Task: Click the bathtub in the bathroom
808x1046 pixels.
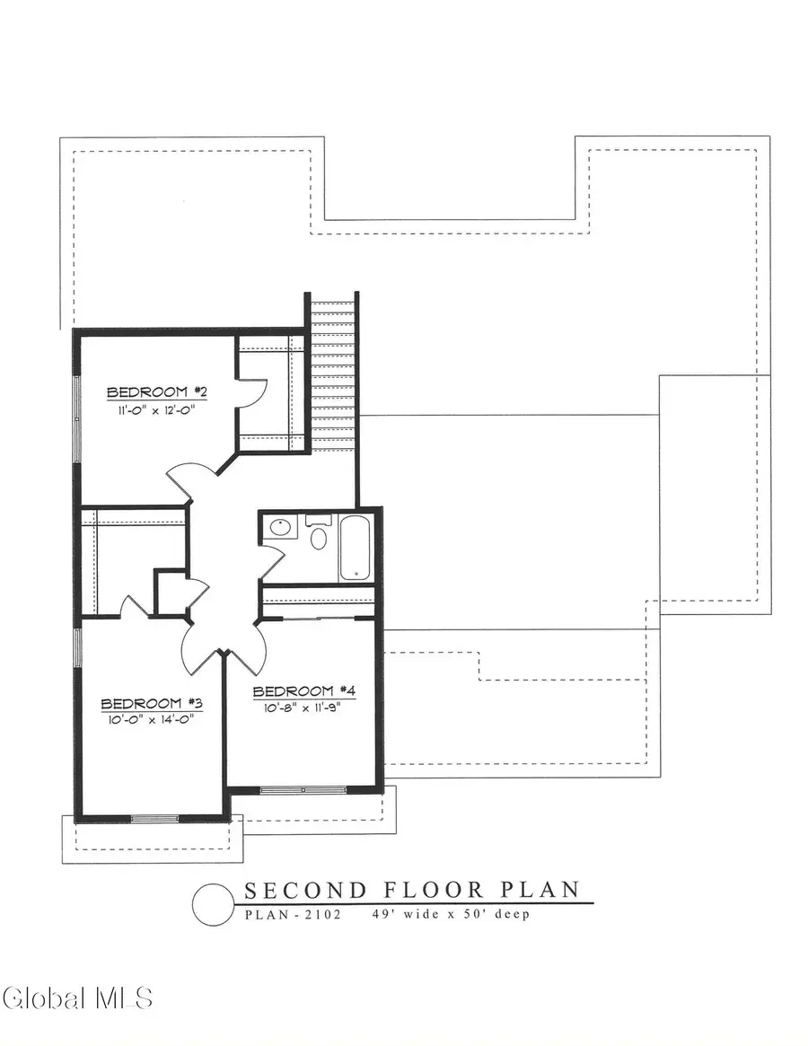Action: pos(355,547)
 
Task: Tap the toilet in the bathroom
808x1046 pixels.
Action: pos(318,535)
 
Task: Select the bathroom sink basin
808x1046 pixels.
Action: pos(279,527)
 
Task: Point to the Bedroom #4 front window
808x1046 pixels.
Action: pos(304,790)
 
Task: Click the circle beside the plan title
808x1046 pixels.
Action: pos(212,903)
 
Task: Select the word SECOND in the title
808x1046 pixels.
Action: pos(305,891)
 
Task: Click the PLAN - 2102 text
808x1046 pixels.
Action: pos(291,916)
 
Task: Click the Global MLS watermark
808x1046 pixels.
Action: pos(77,997)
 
